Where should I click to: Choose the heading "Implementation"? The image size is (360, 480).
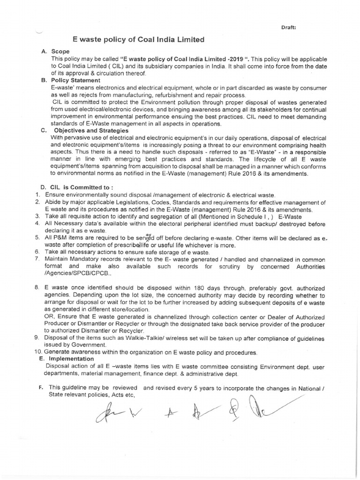(72, 359)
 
